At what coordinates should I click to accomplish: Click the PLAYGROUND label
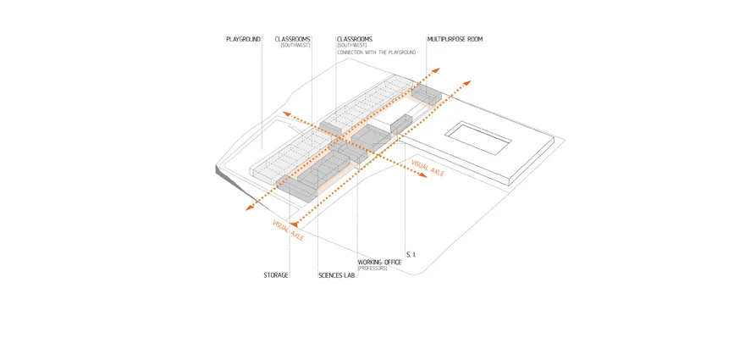tap(243, 39)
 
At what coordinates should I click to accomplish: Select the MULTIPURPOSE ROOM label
tap(455, 39)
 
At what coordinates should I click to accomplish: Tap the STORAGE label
tap(276, 275)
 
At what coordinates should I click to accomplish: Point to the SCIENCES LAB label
tap(336, 275)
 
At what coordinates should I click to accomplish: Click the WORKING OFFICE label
tap(379, 263)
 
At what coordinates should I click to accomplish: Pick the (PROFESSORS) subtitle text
tap(372, 269)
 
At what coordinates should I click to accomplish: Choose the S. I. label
tap(411, 254)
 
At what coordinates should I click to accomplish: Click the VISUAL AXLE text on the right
tap(427, 168)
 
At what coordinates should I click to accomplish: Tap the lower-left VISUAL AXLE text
tap(288, 230)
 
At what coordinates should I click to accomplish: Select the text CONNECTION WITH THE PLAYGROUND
tap(377, 53)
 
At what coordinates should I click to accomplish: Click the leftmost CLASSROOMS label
tap(293, 39)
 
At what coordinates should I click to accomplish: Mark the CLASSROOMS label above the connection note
tap(355, 39)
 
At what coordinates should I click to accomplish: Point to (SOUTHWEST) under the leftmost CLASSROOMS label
tap(296, 45)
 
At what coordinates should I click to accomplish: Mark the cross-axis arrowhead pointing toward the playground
tap(286, 114)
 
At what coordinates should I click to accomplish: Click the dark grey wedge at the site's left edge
tap(223, 172)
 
